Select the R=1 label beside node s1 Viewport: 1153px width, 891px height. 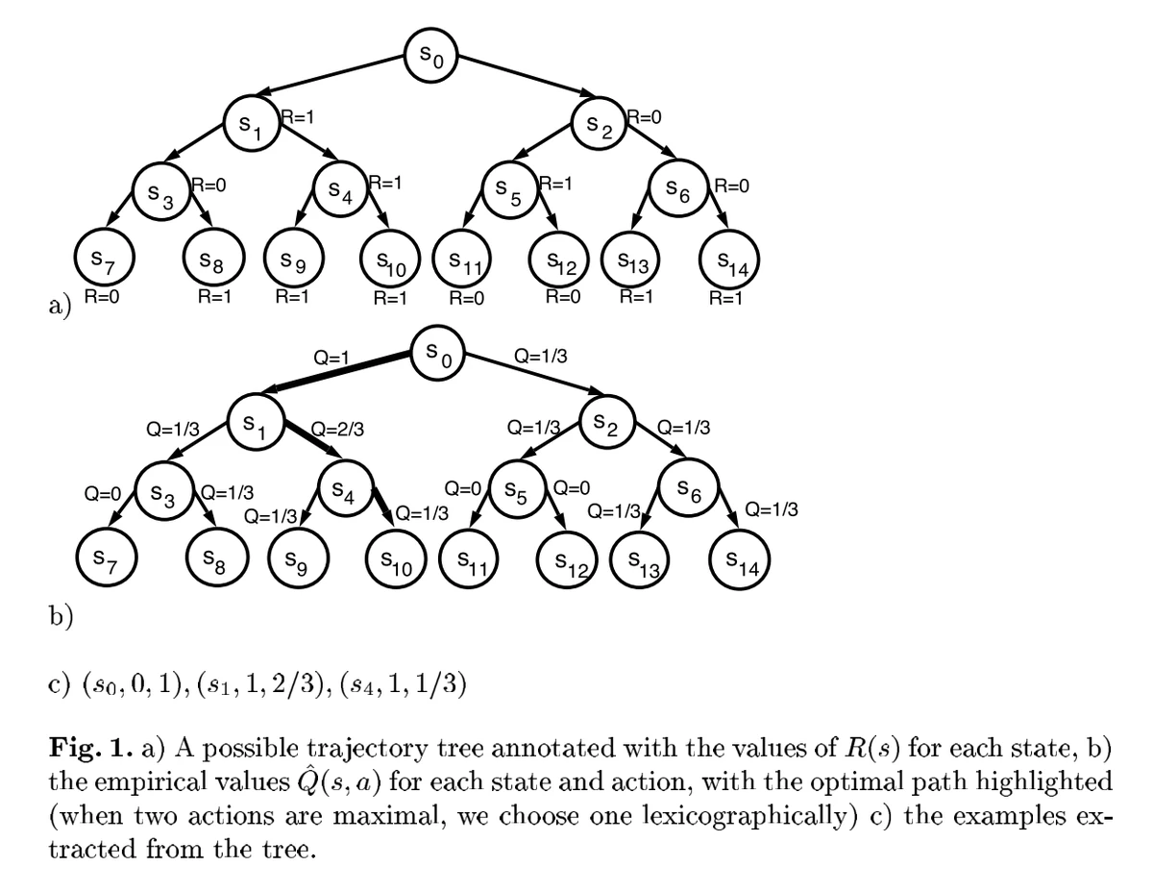pos(297,117)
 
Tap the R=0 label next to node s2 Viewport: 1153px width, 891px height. pos(645,117)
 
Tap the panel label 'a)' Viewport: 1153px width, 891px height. pos(61,307)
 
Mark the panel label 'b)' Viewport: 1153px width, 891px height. pos(61,616)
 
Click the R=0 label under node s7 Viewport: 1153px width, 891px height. pos(101,296)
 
